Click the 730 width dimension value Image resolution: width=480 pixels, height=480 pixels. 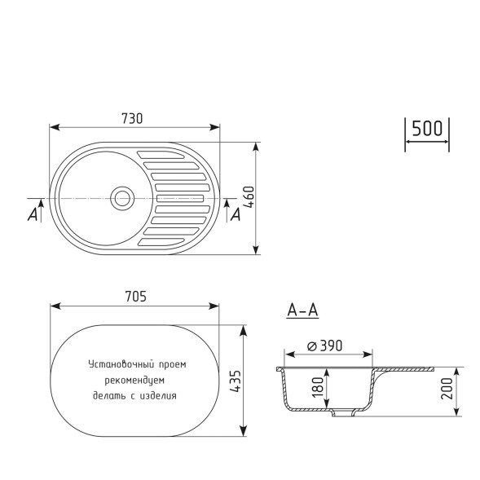pos(132,118)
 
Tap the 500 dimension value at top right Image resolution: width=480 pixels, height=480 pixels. pos(426,129)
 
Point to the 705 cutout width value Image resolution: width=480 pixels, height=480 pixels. pos(135,297)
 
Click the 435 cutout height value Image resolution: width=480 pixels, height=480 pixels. pos(237,381)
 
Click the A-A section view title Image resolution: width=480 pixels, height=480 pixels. pos(302,310)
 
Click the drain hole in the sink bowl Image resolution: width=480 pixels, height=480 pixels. pos(123,198)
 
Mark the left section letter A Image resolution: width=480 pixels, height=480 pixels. pos(33,214)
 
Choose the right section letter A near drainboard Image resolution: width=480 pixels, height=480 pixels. pos(236,214)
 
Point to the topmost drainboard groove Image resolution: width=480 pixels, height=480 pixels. pos(167,153)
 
